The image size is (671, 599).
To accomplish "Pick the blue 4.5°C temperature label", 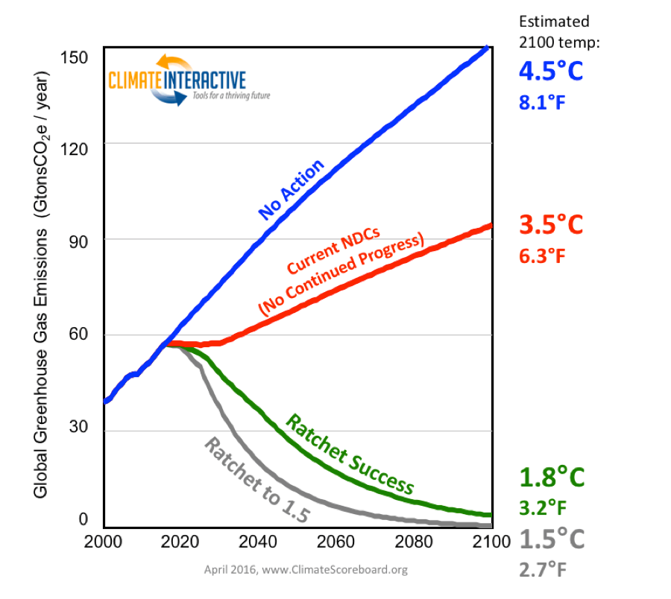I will pyautogui.click(x=551, y=73).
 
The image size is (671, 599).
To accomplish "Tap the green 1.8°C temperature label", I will pyautogui.click(x=550, y=477).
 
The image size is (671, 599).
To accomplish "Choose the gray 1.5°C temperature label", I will pyautogui.click(x=550, y=538).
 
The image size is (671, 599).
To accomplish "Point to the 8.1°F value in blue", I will pyautogui.click(x=543, y=102).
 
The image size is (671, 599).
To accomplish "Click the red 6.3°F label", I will pyautogui.click(x=543, y=256).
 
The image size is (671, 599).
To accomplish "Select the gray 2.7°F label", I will pyautogui.click(x=543, y=570).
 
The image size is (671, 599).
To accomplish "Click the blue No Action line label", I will pyautogui.click(x=292, y=190).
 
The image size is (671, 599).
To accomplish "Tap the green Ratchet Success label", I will pyautogui.click(x=350, y=454).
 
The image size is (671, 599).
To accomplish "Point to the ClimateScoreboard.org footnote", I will pyautogui.click(x=306, y=571).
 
